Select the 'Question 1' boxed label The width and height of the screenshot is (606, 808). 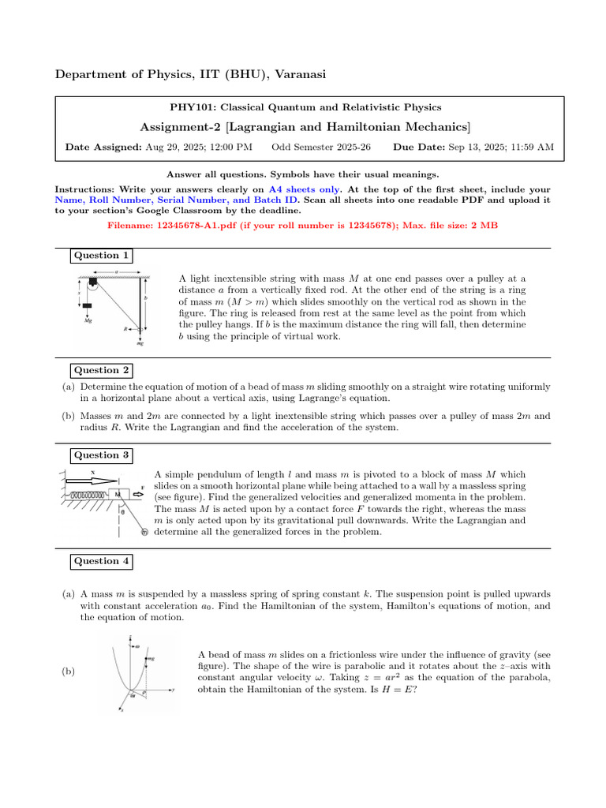pos(101,255)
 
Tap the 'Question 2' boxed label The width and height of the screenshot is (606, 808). pos(101,370)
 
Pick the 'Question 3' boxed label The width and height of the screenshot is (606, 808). pos(101,454)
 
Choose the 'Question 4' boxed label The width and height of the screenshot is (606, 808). pos(101,561)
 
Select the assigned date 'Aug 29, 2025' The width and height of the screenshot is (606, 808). pos(171,147)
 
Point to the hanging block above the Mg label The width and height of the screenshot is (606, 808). pos(87,305)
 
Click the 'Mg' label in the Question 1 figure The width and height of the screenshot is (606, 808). pos(88,321)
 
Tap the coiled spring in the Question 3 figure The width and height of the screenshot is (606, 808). pos(88,495)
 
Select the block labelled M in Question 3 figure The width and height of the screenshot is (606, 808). pos(118,495)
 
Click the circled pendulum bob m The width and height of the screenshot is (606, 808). pos(144,533)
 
